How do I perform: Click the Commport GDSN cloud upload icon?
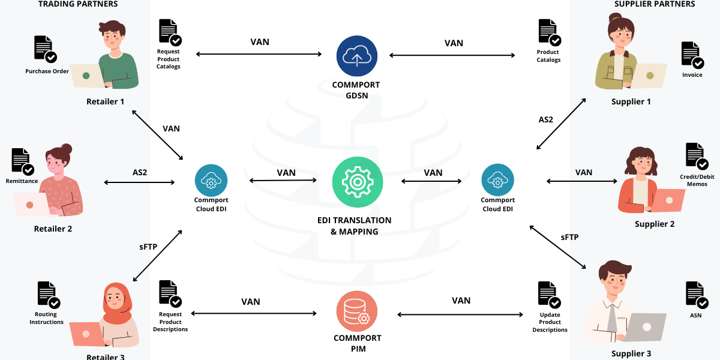[x=356, y=56]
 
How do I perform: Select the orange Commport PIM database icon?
[x=356, y=311]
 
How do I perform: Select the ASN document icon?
[x=697, y=295]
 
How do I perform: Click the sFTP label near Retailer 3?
[x=148, y=246]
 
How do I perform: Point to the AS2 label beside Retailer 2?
[x=139, y=172]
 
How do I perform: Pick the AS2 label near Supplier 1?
[x=546, y=119]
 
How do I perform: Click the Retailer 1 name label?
[x=105, y=101]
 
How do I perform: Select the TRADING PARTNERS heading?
[x=78, y=4]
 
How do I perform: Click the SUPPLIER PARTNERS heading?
[x=655, y=4]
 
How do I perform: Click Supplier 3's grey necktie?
[x=613, y=317]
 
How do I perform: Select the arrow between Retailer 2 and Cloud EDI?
[x=139, y=182]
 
